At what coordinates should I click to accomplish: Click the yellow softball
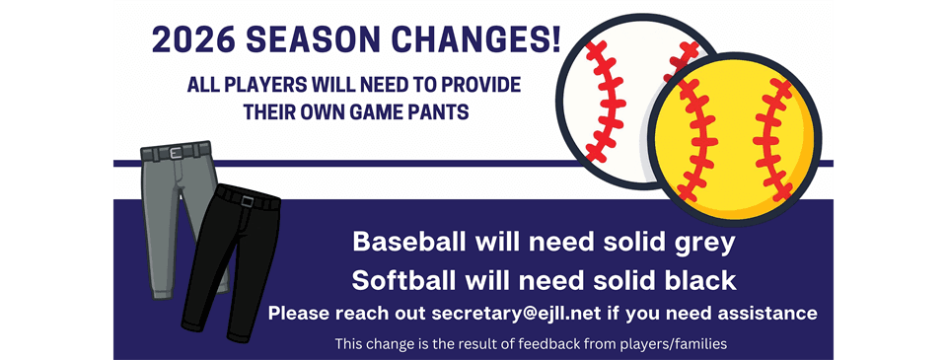[x=735, y=142]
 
